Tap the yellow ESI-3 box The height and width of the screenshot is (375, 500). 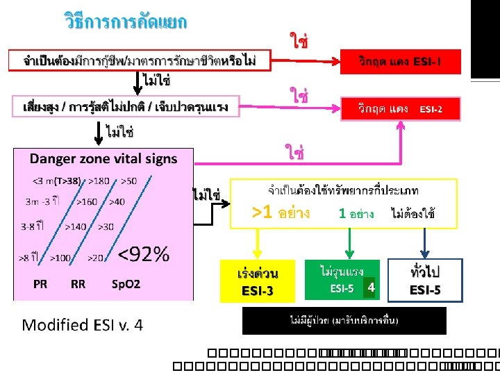click(258, 281)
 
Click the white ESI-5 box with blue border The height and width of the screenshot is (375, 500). click(425, 280)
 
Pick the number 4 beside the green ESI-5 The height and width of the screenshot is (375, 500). click(372, 287)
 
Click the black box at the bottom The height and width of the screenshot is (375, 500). click(344, 321)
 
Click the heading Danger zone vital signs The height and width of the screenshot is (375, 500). click(103, 158)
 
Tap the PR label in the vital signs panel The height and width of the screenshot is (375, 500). click(40, 285)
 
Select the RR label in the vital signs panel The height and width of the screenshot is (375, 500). click(78, 285)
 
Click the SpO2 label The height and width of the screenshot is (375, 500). click(126, 285)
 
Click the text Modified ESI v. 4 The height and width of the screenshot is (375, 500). click(83, 325)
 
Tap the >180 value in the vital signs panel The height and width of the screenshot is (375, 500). click(100, 181)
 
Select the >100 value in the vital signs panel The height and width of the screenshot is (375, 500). click(60, 258)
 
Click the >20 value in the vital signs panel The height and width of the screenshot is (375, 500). click(95, 258)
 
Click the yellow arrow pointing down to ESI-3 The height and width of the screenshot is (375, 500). click(258, 242)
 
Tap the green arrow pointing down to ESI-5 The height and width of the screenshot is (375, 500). click(349, 242)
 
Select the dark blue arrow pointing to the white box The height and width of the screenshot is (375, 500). click(424, 242)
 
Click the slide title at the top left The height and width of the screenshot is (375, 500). click(126, 22)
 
